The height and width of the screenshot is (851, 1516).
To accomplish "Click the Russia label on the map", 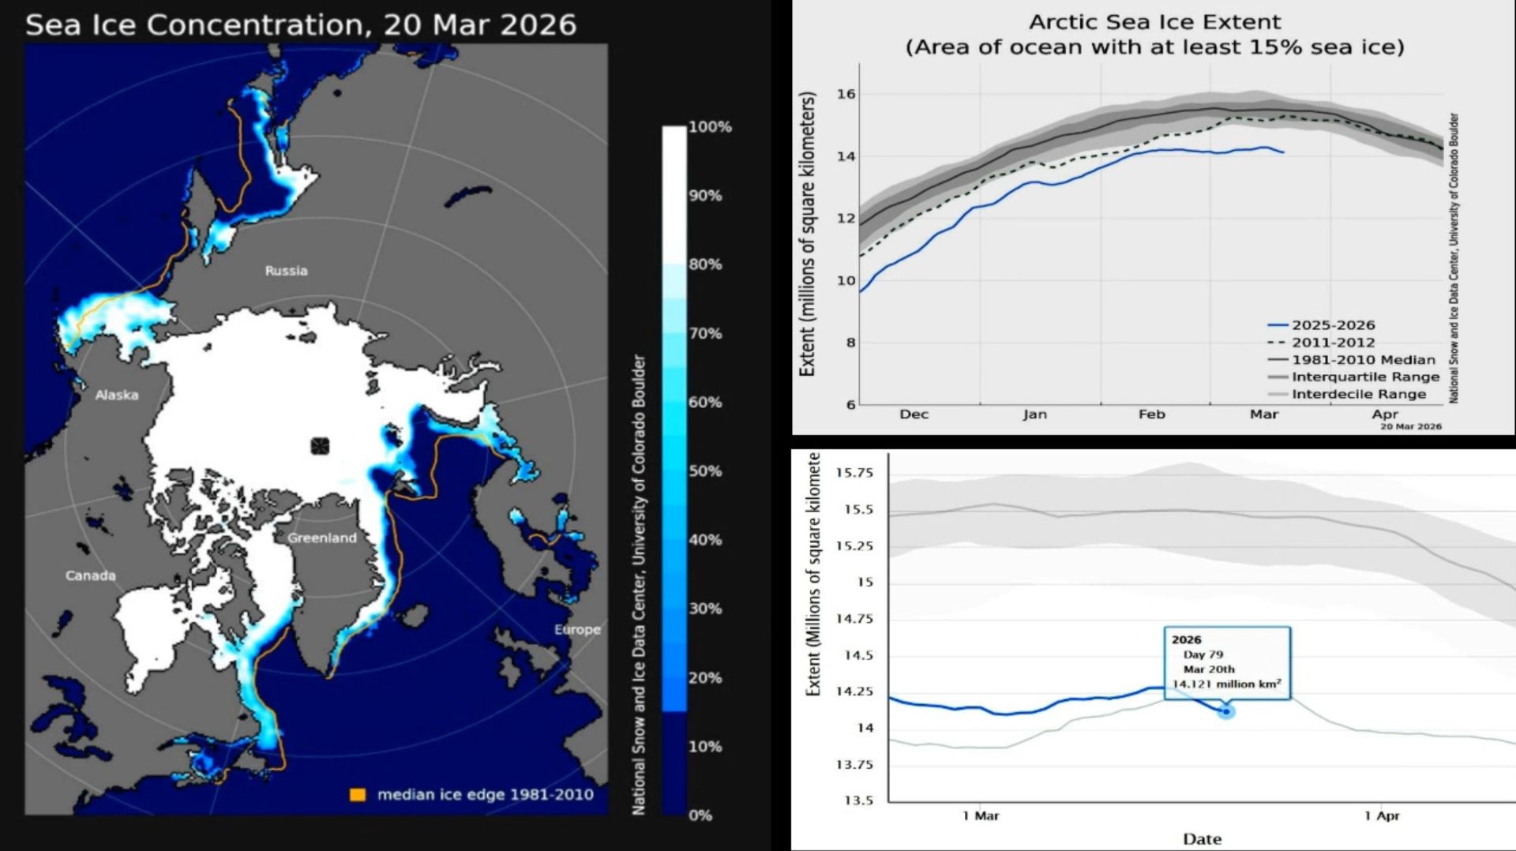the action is point(286,271).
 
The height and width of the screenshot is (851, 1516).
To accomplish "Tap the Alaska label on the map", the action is point(117,395).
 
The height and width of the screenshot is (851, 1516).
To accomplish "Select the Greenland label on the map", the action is point(322,538).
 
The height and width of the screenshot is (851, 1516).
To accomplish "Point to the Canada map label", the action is point(91,575).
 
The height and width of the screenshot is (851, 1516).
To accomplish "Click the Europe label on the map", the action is point(577,629).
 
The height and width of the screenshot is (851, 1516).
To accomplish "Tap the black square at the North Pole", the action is point(320,446).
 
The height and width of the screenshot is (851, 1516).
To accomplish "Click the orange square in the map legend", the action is point(358,795).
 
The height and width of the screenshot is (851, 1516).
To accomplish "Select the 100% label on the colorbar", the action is point(710,127).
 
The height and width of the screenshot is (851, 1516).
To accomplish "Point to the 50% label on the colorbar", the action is point(705,471).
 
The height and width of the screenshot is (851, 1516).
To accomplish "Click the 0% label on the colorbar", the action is point(700,815).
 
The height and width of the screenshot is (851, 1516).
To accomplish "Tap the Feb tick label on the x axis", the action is point(1151,414).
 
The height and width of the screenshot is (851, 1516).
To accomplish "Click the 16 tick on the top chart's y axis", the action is point(846,94).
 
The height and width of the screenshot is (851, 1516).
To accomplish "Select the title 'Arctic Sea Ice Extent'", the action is point(1154,22).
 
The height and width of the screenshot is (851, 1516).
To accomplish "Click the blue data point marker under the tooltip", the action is point(1226,712).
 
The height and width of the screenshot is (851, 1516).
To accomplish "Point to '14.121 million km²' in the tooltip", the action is point(1226,684).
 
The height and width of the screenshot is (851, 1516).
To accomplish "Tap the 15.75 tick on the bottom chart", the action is point(854,473).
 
